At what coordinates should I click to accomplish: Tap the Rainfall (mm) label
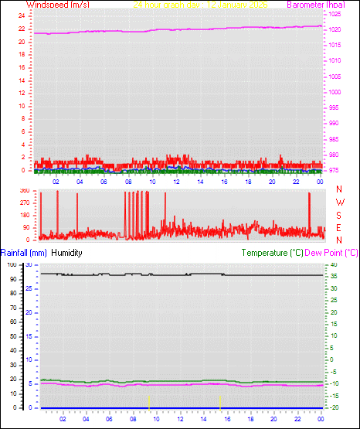pyautogui.click(x=24, y=253)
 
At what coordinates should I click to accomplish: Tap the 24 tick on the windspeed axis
pyautogui.click(x=22, y=15)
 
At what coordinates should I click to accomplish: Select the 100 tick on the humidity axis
pyautogui.click(x=12, y=264)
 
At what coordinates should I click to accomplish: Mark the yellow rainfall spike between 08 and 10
pyautogui.click(x=148, y=401)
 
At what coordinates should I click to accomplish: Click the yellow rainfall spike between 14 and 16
pyautogui.click(x=220, y=401)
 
